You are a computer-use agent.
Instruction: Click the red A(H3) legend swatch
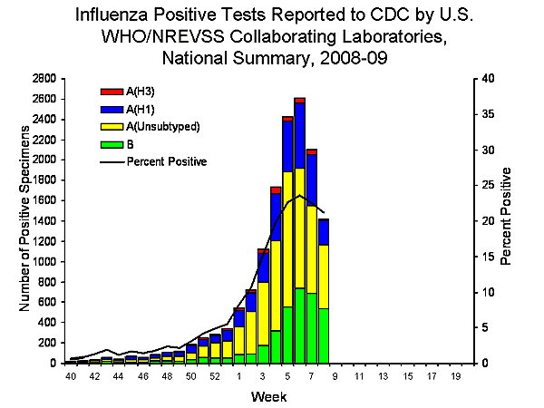click(111, 91)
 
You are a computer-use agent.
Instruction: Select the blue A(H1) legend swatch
click(111, 108)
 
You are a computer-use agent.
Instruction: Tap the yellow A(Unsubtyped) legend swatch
click(111, 125)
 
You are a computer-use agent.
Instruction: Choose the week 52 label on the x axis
click(216, 375)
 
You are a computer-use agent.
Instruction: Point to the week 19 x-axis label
click(455, 375)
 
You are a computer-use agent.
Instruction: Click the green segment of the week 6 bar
click(299, 325)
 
